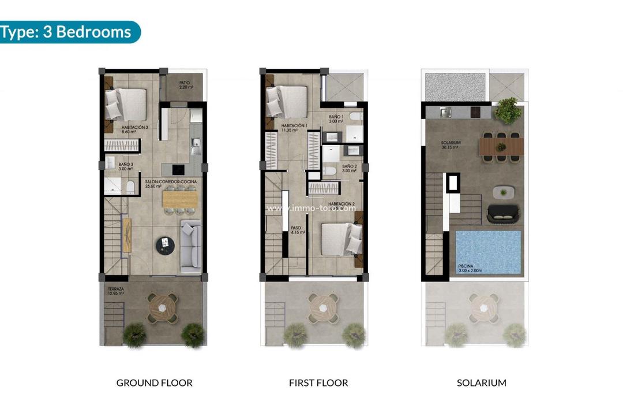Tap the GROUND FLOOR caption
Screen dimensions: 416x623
(154, 382)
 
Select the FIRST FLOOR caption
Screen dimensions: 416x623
(318, 382)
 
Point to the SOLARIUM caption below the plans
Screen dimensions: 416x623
(482, 382)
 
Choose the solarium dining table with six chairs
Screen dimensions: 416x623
(501, 145)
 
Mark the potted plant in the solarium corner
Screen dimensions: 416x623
(508, 110)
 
